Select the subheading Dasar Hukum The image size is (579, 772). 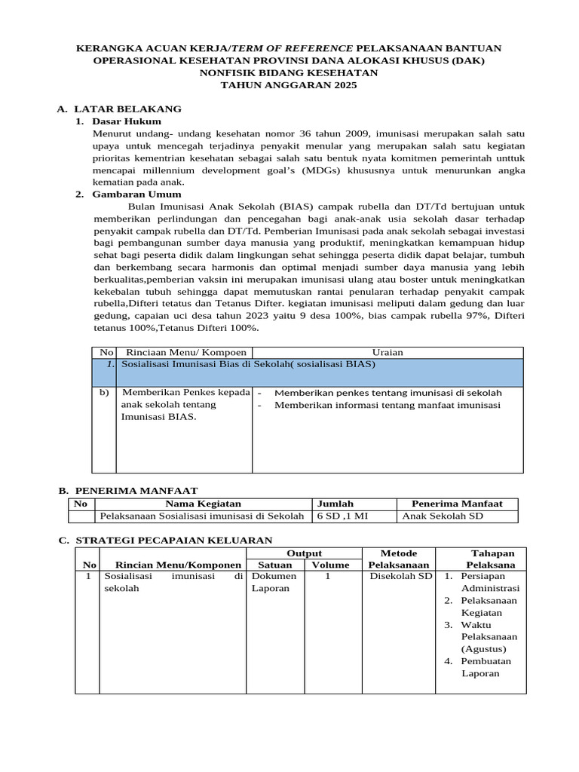[126, 121]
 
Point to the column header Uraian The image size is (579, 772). [388, 352]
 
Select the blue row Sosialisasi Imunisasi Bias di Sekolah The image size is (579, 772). [248, 364]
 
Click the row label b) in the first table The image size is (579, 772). [104, 393]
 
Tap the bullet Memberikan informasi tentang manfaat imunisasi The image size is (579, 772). [388, 405]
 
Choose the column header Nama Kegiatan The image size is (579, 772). [204, 504]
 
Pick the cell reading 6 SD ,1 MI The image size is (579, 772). [342, 516]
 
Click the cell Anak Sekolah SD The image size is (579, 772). [443, 516]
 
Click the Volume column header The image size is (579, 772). [330, 565]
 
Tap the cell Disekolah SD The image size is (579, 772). [400, 577]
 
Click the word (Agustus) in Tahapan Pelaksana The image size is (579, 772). [483, 649]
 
